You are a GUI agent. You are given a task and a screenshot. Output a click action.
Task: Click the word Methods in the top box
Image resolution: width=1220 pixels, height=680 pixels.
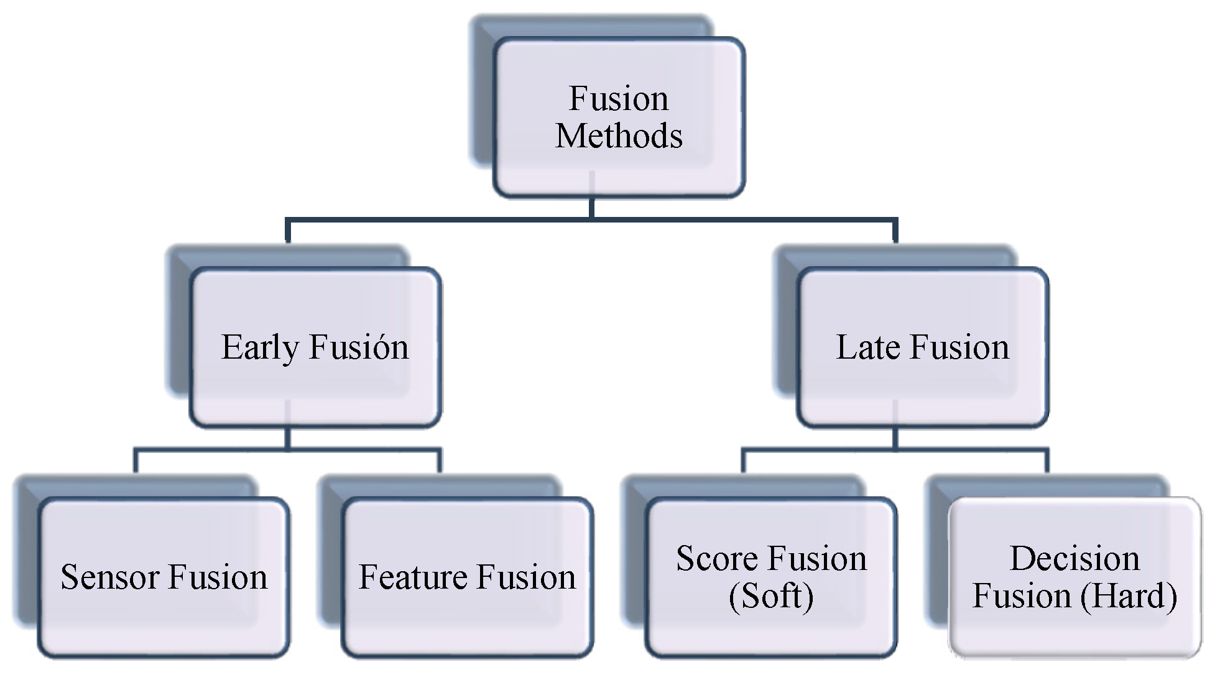coord(619,136)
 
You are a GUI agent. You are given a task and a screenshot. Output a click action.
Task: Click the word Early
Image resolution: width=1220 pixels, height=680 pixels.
coord(260,347)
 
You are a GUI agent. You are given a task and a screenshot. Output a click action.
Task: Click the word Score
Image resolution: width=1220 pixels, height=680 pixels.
coord(710,558)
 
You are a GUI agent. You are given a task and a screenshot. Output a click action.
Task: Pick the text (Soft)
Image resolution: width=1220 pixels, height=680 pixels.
coord(771,596)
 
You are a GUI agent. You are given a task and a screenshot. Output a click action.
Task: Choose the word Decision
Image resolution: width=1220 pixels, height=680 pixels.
coord(1074,558)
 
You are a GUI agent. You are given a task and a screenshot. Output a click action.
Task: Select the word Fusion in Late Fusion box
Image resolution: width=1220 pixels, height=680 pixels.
coord(959,347)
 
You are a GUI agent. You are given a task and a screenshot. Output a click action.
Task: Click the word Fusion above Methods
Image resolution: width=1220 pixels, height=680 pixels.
coord(619,98)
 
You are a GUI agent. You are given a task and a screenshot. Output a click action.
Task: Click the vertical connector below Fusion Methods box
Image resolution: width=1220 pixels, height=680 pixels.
coord(591,208)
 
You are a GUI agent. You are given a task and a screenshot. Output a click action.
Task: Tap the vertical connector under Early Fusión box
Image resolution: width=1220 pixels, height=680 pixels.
coord(287,438)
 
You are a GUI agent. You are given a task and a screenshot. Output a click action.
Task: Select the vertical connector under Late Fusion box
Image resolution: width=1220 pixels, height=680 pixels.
coord(895,438)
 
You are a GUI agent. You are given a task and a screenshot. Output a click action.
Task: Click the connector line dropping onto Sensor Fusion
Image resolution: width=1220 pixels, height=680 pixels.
coord(136,461)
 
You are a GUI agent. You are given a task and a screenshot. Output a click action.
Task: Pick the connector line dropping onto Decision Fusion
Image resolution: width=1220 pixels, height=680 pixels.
coord(1047,461)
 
